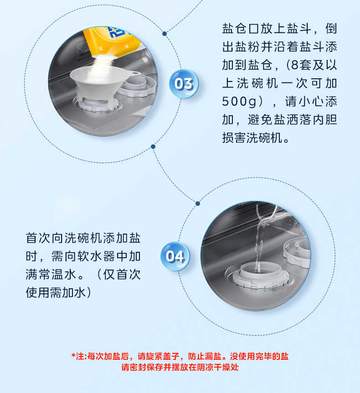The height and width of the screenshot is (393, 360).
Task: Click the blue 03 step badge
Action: click(x=184, y=84)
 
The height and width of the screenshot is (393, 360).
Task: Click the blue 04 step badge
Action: click(x=175, y=256)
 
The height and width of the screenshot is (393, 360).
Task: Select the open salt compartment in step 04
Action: click(x=258, y=275)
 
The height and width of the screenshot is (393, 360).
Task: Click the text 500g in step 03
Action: click(x=239, y=102)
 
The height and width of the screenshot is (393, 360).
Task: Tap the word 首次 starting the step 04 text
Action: click(x=38, y=238)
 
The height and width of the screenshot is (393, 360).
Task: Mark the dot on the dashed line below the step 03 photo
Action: click(x=153, y=147)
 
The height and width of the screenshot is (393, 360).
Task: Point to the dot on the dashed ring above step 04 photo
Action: click(x=198, y=204)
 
